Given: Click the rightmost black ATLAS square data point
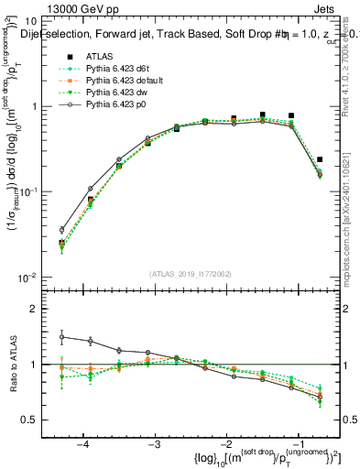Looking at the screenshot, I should pos(320,159).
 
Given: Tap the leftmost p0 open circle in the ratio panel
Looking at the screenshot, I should pos(62,336).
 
